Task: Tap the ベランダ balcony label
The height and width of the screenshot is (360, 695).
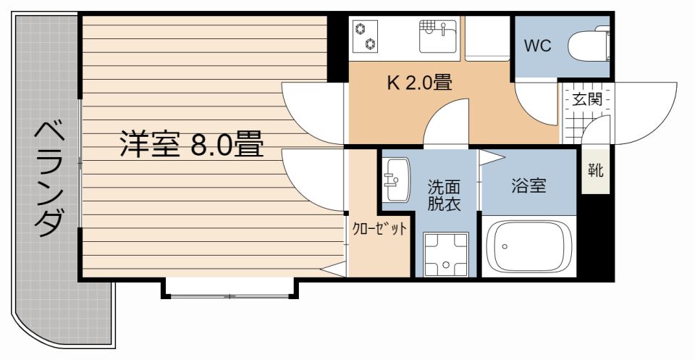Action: coord(48,178)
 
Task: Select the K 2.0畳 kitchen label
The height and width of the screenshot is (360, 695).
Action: coord(419,83)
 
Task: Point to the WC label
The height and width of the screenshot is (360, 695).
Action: coord(538,46)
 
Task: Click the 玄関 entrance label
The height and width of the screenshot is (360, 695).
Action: coord(587,99)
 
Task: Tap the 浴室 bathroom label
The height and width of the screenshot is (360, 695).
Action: coord(528,185)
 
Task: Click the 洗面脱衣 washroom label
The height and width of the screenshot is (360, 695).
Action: coord(444,195)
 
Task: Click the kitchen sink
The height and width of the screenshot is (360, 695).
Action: coord(437,35)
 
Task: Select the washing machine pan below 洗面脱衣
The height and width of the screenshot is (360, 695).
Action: coord(444,254)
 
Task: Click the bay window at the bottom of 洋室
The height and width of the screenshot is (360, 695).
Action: coord(229,290)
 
